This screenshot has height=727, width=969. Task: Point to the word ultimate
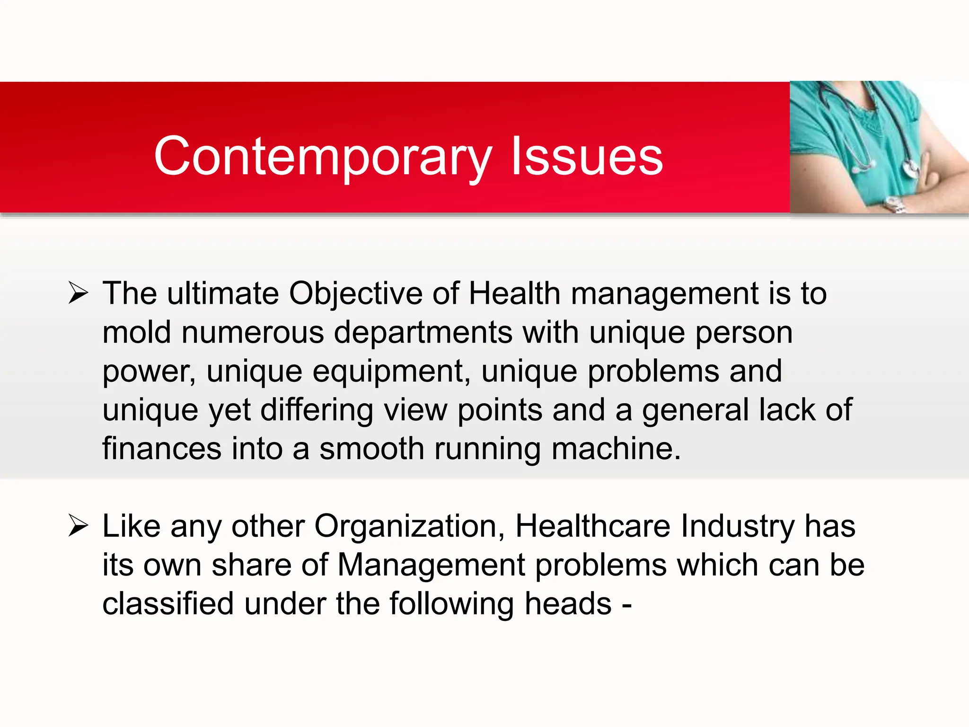(223, 293)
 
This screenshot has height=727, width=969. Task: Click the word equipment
(388, 372)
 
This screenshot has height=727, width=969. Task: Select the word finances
(162, 449)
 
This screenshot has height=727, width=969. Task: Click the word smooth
(371, 449)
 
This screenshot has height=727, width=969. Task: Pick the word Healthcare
(592, 526)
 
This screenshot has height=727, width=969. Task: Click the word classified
(168, 604)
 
